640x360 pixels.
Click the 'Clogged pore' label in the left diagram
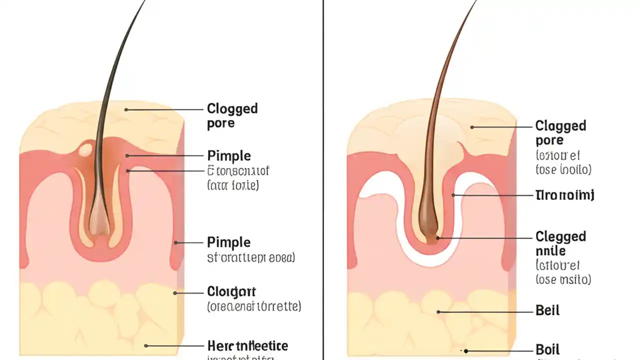point(232,115)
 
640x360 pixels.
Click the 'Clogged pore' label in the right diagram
point(560,132)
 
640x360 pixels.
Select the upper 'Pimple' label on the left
point(228,155)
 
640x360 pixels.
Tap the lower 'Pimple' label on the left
point(228,242)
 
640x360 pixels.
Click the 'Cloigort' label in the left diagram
point(231,291)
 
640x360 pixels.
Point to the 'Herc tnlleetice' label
point(247,345)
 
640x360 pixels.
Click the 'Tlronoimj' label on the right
point(564,195)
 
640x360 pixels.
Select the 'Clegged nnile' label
point(560,243)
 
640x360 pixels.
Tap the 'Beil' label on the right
point(547,310)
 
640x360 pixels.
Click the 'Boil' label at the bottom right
point(547,349)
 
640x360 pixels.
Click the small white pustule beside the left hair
point(85,148)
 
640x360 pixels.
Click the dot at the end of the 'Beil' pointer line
point(438,311)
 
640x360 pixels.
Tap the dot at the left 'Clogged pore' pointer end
point(126,109)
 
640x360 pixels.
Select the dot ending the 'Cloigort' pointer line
point(175,293)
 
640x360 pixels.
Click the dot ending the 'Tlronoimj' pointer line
point(453,195)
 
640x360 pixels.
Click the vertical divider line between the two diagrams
point(323,180)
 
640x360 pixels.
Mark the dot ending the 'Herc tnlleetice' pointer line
point(146,345)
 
